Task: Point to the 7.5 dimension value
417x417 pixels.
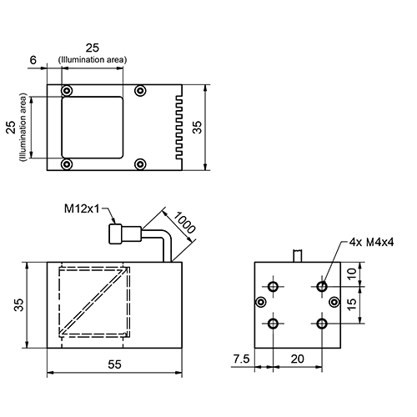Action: tap(240, 359)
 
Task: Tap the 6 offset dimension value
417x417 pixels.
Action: tap(33, 59)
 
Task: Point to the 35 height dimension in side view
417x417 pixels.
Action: tap(18, 305)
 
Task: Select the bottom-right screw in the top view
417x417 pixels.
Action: tap(140, 163)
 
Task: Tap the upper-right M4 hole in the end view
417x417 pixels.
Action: tap(322, 286)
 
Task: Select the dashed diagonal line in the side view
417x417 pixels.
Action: tap(93, 302)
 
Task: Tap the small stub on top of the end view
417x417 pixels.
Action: tap(299, 254)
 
